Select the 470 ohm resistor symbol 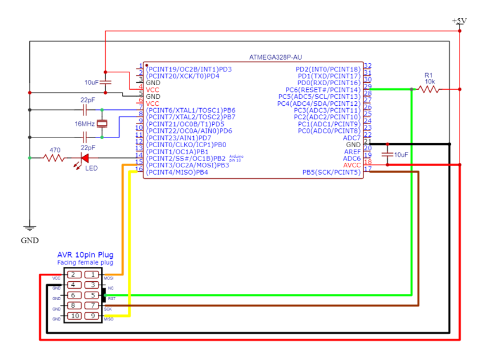(54, 158)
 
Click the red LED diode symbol (85, 158)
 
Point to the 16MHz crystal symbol (102, 123)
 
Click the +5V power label (460, 21)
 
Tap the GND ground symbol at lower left (30, 228)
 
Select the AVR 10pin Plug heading (85, 255)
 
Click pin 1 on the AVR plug (93, 275)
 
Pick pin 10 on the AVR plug (74, 316)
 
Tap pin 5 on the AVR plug (93, 295)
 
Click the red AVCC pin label (352, 166)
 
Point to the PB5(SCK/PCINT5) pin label (331, 173)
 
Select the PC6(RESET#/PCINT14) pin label (323, 90)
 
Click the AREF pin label (352, 152)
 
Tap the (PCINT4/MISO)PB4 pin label (177, 173)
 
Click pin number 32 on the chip (368, 67)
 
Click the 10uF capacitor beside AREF (387, 154)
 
